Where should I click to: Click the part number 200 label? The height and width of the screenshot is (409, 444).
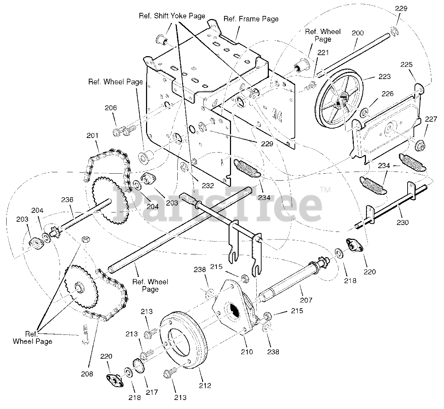coord(358,33)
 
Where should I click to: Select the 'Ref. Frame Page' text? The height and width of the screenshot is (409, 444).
coord(251,19)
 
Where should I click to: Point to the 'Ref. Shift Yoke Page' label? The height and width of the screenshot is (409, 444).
coord(172,16)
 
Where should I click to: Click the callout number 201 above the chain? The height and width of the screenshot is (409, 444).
coord(93,135)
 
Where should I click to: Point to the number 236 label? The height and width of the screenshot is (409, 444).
coord(67,200)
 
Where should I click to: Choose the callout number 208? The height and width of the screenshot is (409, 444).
coord(87,374)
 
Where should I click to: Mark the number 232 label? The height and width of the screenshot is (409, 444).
coord(208,185)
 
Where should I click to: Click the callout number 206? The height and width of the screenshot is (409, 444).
coord(111,108)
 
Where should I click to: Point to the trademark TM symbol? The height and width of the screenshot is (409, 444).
coord(325,190)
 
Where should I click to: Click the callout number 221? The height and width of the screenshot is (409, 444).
coord(323,53)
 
